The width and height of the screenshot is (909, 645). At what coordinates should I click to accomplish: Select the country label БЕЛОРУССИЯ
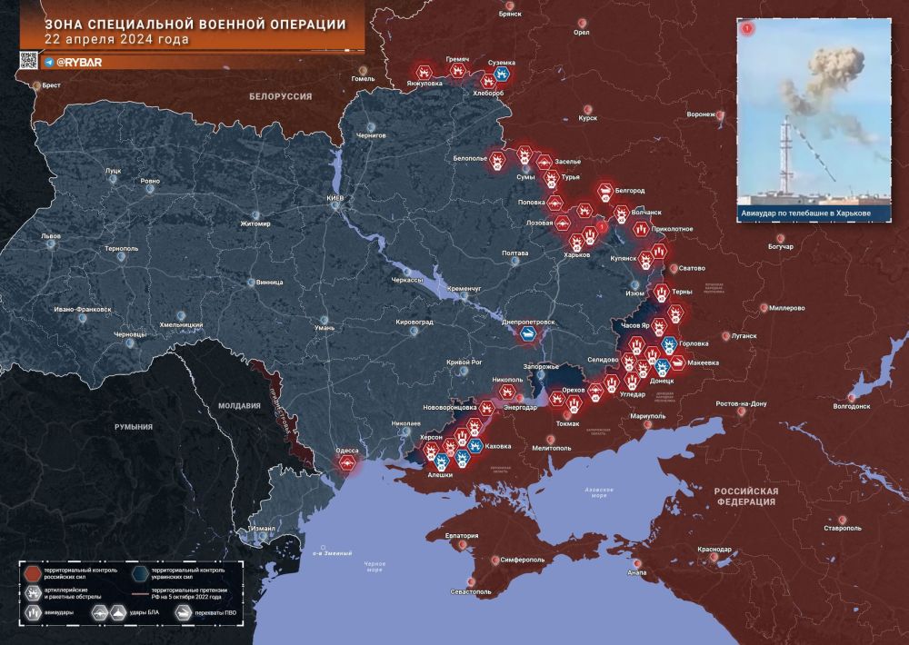(281, 95)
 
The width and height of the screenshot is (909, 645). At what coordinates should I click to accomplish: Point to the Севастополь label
(465, 591)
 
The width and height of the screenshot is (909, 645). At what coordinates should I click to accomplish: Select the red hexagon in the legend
(34, 572)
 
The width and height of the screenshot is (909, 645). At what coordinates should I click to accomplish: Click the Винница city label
(269, 283)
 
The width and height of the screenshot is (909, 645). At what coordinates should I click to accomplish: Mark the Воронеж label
(702, 114)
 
